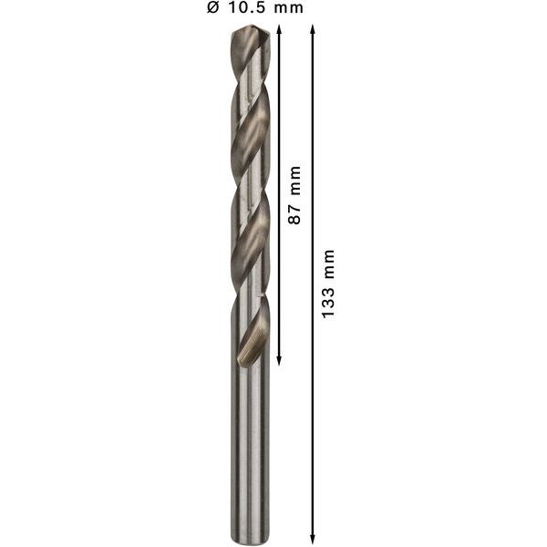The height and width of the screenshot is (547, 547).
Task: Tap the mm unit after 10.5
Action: [287, 8]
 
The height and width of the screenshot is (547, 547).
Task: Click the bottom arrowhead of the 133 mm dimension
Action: [314, 535]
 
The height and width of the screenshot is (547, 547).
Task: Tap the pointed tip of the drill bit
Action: [248, 29]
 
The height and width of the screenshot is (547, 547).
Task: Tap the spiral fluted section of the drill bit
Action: [248, 182]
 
